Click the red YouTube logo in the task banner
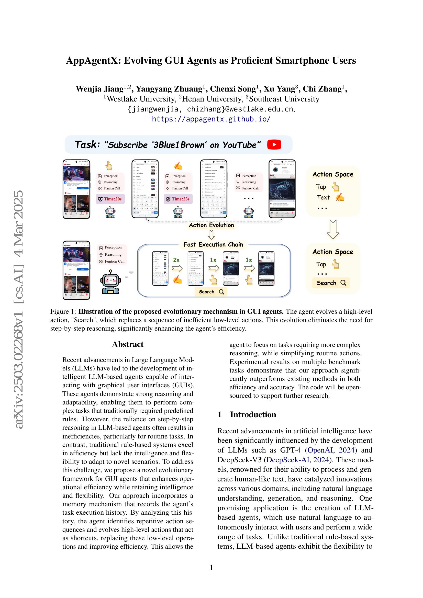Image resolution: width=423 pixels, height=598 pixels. click(274, 144)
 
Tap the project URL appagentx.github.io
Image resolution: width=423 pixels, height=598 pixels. click(211, 119)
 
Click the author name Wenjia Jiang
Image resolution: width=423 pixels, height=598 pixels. click(99, 89)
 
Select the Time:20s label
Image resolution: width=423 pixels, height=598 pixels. click(110, 199)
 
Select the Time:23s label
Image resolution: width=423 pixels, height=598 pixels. click(178, 199)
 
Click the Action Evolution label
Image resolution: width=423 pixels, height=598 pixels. click(211, 225)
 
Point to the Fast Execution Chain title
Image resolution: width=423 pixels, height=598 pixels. click(213, 245)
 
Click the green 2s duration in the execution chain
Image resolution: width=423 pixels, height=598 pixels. click(176, 260)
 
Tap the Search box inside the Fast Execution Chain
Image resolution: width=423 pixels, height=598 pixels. click(211, 292)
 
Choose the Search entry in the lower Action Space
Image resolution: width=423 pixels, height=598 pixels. click(331, 283)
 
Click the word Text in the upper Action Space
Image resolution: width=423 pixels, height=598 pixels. click(323, 197)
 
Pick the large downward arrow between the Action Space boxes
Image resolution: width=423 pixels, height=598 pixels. click(333, 229)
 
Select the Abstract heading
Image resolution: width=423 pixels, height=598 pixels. click(128, 344)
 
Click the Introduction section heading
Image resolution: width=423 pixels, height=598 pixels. click(253, 414)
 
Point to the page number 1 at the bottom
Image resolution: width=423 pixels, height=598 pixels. click(211, 568)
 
